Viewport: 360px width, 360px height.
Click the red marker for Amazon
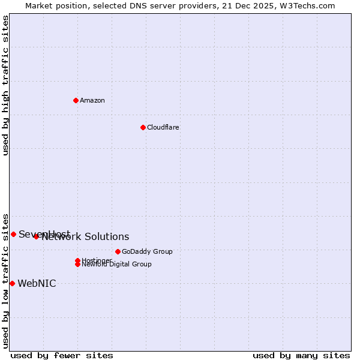76,100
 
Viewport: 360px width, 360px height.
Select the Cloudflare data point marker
143,127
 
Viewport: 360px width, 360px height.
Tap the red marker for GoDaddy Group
118,251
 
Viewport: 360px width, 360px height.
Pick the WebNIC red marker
12,283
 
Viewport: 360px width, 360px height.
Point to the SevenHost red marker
13,234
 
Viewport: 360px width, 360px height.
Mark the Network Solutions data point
36,236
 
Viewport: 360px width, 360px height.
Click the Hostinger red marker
77,260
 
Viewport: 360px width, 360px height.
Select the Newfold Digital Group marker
77,264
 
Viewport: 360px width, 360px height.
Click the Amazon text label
92,100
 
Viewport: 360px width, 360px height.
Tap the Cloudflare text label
163,127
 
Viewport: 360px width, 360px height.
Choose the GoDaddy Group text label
147,251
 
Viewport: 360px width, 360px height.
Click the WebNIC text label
37,284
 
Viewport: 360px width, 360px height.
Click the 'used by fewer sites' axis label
62,355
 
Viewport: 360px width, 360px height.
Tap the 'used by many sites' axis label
301,355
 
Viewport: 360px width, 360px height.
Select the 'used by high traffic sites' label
5,85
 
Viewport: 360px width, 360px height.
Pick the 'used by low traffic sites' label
5,280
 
